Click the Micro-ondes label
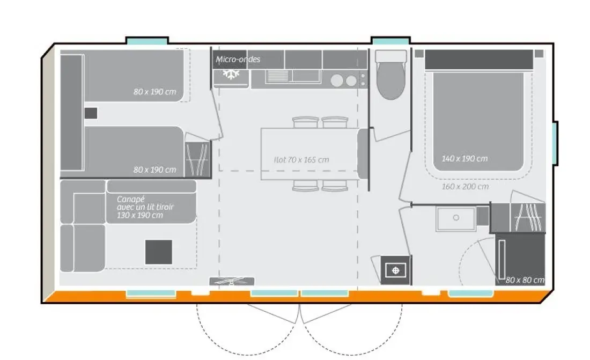(x=238, y=59)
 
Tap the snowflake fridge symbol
(x=231, y=74)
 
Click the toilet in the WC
(x=391, y=75)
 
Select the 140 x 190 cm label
(x=464, y=158)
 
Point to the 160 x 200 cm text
(x=465, y=186)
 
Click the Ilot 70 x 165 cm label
(x=301, y=160)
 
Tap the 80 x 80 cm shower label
(x=525, y=280)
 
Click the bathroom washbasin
(x=456, y=218)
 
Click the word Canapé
(x=130, y=199)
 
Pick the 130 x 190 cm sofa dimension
(x=139, y=215)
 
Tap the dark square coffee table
(x=159, y=252)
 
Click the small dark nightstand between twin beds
(x=91, y=113)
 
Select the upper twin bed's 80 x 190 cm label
(x=154, y=92)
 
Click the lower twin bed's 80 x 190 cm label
(x=154, y=170)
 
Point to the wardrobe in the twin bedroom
(x=198, y=159)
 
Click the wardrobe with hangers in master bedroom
(x=528, y=217)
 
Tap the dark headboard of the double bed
(x=479, y=60)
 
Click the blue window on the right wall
(x=555, y=143)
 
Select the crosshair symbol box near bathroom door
(x=395, y=270)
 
